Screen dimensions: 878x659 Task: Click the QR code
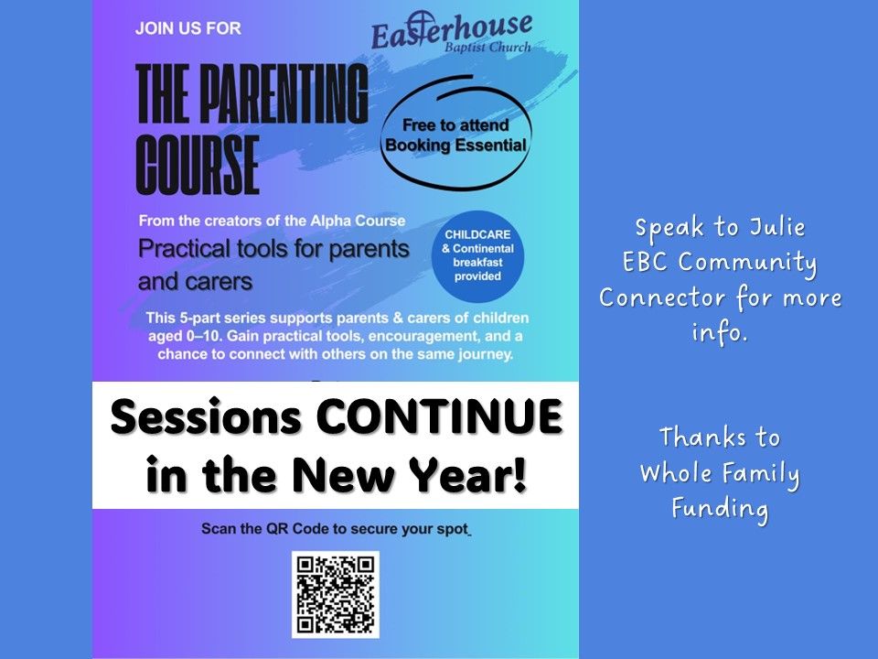point(336,594)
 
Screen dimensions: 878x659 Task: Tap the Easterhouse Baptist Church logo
point(452,33)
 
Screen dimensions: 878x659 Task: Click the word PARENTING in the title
point(284,93)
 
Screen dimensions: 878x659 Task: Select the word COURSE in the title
point(198,165)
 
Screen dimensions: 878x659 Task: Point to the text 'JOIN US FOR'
point(188,28)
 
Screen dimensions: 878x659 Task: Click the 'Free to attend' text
point(455,125)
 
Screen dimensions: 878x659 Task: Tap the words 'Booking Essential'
point(455,146)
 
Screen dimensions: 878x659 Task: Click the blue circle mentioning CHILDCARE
point(477,256)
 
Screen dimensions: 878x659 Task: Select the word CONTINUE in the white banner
point(440,416)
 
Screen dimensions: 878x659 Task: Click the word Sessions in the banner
point(206,416)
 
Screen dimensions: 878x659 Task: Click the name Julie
point(777,228)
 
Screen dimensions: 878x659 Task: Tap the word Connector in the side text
point(662,297)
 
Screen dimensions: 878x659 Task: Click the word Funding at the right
point(720,509)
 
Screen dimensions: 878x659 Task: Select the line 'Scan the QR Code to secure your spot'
point(336,529)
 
